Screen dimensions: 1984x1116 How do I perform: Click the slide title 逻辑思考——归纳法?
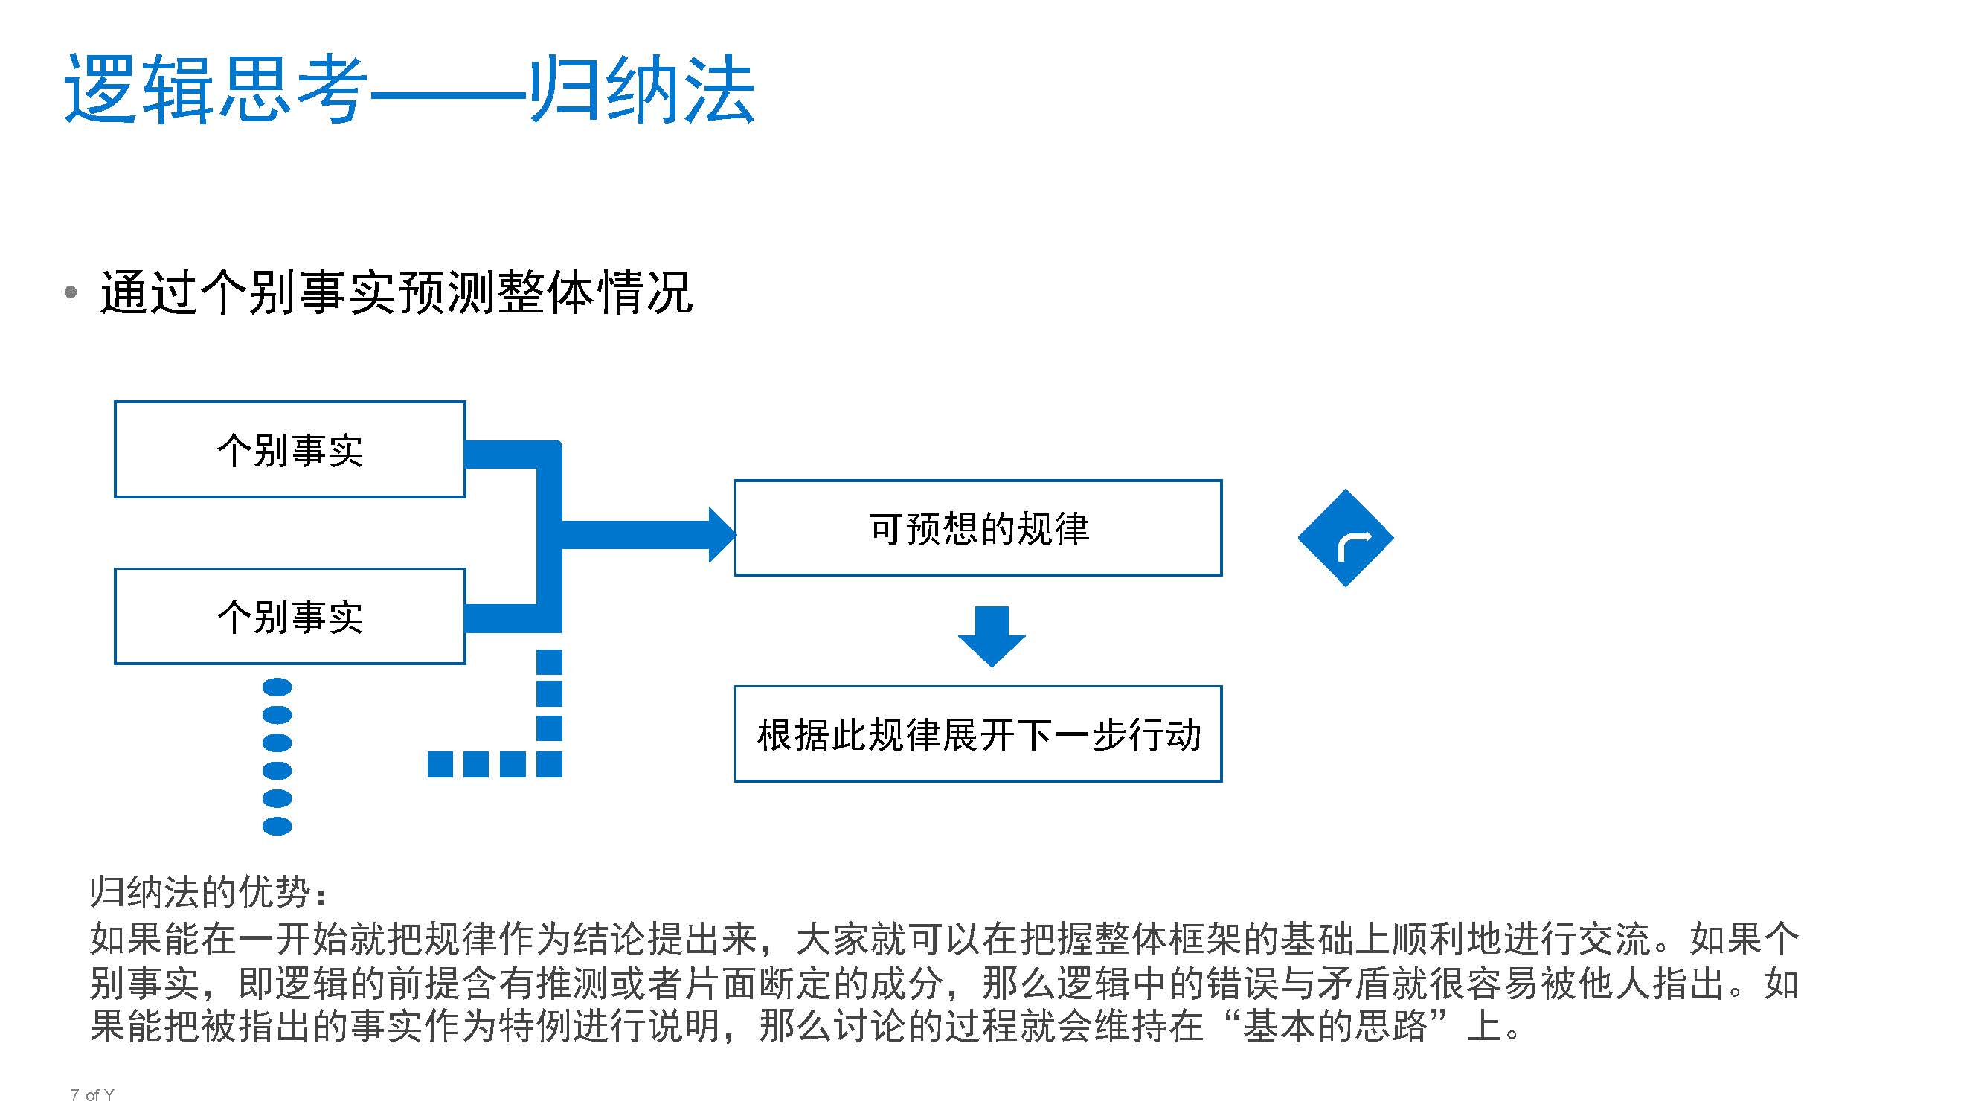coord(409,89)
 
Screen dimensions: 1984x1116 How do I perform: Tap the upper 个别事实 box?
coord(289,450)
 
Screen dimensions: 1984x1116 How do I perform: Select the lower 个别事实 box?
coord(289,617)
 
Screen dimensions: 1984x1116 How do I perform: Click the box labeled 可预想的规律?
coord(978,528)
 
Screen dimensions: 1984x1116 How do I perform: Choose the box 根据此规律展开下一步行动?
coord(978,734)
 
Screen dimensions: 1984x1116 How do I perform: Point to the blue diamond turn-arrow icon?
coord(1346,538)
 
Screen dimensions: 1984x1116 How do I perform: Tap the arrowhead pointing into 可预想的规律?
coord(722,534)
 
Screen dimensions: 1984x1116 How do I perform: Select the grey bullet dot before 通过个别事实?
coord(71,292)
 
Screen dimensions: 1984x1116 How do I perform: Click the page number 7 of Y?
coord(92,1095)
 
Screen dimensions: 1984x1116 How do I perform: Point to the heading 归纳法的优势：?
coord(209,892)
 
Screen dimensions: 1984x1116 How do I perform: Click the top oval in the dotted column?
coord(277,687)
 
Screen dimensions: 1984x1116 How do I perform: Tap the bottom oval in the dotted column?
coord(277,827)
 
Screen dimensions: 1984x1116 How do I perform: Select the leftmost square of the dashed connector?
coord(440,764)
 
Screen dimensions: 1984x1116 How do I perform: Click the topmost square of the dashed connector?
coord(549,661)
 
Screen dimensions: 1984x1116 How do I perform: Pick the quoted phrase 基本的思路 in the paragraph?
coord(1335,1026)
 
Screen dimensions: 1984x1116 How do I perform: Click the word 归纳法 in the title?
coord(641,89)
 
